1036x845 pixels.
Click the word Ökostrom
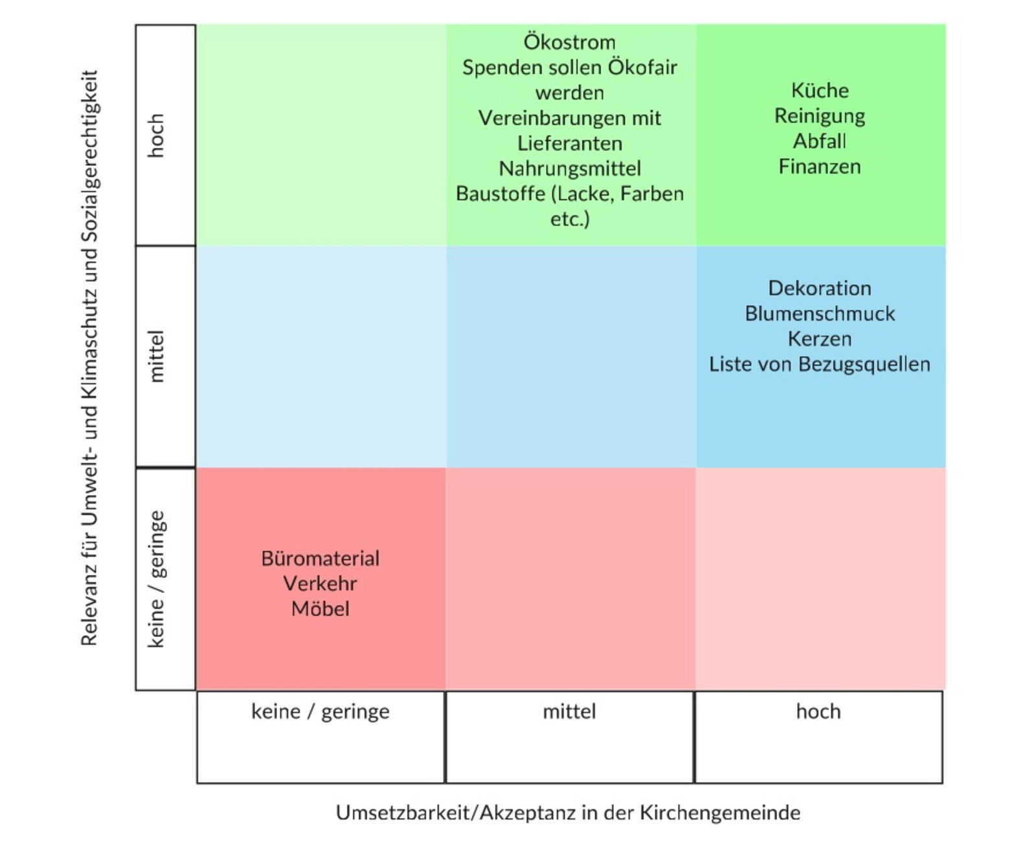pyautogui.click(x=569, y=42)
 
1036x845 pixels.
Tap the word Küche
pyautogui.click(x=819, y=91)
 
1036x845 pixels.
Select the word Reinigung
pyautogui.click(x=819, y=116)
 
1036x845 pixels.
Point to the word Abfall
pyautogui.click(x=819, y=141)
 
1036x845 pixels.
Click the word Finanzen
pyautogui.click(x=819, y=167)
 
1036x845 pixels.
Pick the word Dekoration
pyautogui.click(x=819, y=288)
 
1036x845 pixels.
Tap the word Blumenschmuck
pyautogui.click(x=819, y=314)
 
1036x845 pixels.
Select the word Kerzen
pyautogui.click(x=819, y=339)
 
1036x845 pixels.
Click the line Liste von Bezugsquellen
pyautogui.click(x=819, y=364)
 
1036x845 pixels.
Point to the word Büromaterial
pyautogui.click(x=320, y=559)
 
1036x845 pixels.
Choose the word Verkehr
pyautogui.click(x=320, y=584)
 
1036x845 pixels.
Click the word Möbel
pyautogui.click(x=320, y=609)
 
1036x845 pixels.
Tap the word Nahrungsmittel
pyautogui.click(x=569, y=168)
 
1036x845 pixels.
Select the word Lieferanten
pyautogui.click(x=569, y=143)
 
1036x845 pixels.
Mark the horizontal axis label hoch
pyautogui.click(x=818, y=712)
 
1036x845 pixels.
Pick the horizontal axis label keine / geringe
pyautogui.click(x=320, y=712)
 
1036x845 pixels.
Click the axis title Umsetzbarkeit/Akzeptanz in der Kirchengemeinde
pyautogui.click(x=568, y=813)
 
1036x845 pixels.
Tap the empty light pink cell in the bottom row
pyautogui.click(x=820, y=579)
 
